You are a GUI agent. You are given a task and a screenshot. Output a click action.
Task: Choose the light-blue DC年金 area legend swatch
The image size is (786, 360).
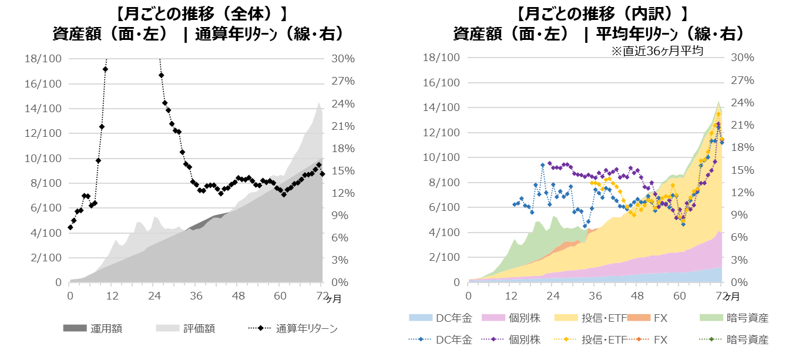click(420, 318)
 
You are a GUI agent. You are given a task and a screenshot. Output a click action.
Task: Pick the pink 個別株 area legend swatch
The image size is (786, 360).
click(493, 318)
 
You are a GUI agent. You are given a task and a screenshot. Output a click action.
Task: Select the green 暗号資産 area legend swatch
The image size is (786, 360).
click(712, 318)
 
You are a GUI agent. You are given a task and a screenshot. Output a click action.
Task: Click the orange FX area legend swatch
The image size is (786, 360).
click(639, 318)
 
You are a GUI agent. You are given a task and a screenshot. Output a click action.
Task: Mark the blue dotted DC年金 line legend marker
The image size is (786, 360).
click(420, 340)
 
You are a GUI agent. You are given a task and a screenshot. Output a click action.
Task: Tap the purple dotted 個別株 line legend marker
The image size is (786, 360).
click(493, 340)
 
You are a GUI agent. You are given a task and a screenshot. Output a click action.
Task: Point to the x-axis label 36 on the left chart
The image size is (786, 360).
click(196, 296)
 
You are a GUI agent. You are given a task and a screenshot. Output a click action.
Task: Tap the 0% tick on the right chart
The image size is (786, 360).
click(738, 282)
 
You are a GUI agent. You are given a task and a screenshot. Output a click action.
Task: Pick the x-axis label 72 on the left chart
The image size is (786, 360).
click(321, 296)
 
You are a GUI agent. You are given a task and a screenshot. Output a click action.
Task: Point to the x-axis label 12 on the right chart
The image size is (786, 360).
click(510, 296)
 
